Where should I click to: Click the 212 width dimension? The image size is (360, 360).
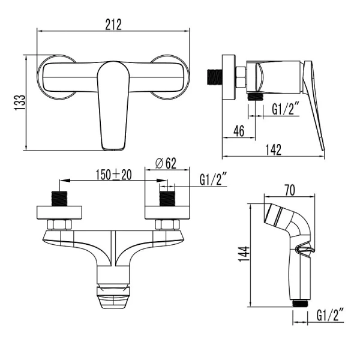pos(113,24)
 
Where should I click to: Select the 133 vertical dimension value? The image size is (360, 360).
pos(20,103)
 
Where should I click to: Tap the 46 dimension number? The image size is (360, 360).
pos(239,131)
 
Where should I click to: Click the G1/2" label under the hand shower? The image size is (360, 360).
pos(331,315)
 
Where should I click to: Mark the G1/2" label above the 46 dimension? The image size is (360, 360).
pos(286,109)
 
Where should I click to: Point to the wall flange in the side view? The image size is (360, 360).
pos(229,78)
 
